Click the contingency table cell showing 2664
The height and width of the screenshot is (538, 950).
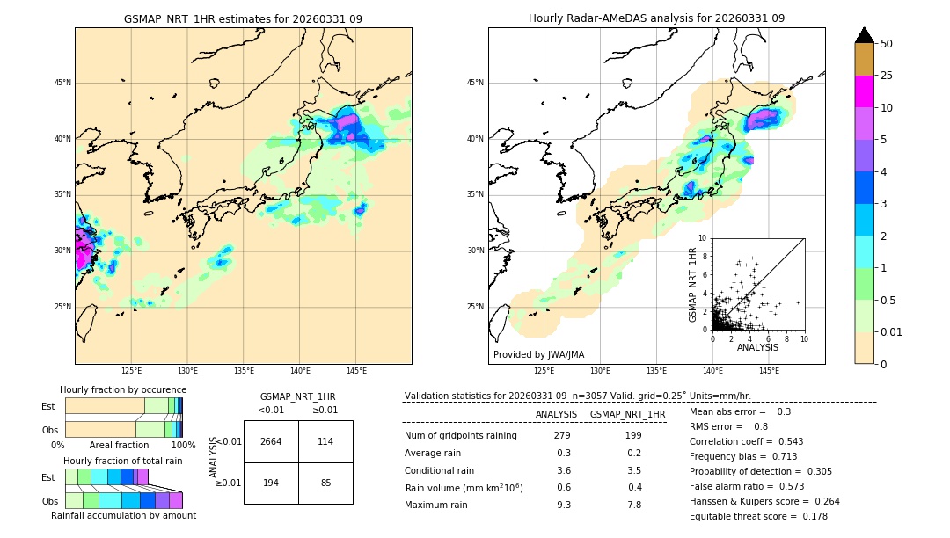271,441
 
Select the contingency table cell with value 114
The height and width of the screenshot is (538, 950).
325,441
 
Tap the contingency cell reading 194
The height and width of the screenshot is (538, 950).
271,483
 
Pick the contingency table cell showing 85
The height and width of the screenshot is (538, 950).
325,483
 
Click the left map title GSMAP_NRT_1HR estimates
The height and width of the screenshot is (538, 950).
243,18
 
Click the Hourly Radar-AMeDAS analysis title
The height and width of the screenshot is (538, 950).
656,18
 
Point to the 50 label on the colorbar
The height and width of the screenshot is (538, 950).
887,43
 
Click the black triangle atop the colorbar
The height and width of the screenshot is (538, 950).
864,35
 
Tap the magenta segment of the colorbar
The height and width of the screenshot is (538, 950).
864,91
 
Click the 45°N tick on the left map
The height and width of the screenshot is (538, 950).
62,83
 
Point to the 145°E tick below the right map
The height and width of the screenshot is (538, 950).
769,371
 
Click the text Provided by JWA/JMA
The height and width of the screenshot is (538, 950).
538,355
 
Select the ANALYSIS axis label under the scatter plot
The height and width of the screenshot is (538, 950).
757,348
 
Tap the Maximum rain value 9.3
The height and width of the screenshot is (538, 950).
563,505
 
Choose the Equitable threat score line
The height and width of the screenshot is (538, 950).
758,516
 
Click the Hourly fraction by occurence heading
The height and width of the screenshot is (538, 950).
123,389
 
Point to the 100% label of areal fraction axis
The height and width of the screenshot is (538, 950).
183,446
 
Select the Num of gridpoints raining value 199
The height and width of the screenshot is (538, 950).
633,435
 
